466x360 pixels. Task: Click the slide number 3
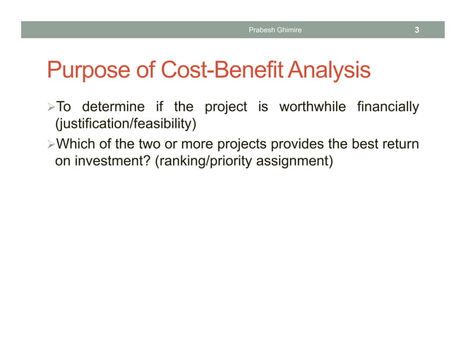pos(416,30)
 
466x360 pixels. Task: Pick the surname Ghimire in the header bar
pos(288,30)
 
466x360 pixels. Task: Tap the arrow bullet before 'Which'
pos(50,144)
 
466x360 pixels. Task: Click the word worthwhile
pos(312,108)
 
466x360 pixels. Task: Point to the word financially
pos(388,108)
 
